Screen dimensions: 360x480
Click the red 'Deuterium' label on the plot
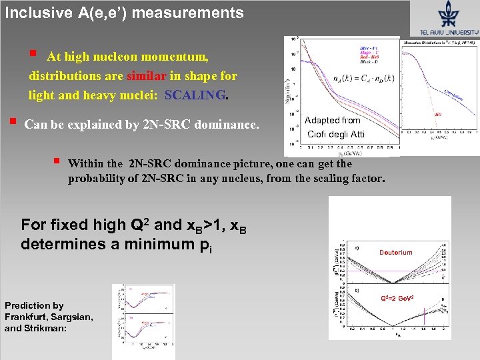[x=396, y=253]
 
